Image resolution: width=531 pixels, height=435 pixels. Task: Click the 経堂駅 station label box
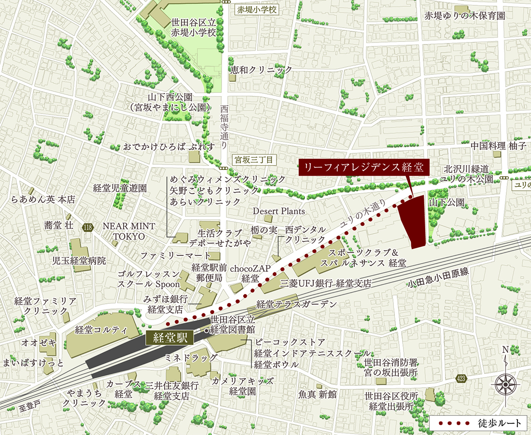[x=169, y=337]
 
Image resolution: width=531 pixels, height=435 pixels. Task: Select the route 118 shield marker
[x=87, y=228]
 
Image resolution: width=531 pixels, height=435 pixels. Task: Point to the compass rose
[x=505, y=384]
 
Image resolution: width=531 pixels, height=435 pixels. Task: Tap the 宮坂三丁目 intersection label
[x=253, y=158]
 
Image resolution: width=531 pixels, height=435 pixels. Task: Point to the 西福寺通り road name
[x=224, y=127]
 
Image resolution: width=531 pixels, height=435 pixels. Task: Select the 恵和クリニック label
[x=261, y=70]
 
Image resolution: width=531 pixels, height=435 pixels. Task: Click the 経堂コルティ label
[x=101, y=330]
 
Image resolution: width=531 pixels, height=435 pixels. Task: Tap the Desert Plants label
[x=279, y=211]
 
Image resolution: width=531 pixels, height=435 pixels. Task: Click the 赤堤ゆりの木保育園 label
[x=464, y=15]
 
